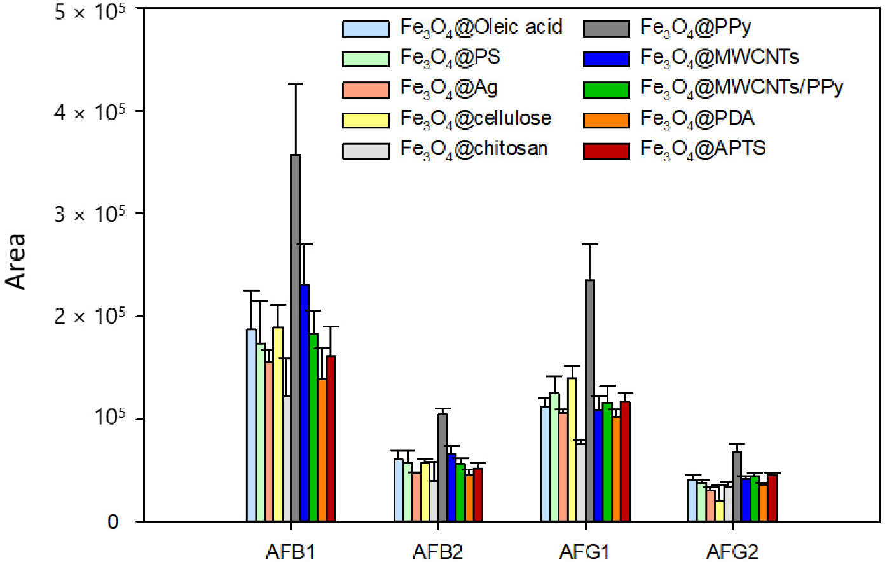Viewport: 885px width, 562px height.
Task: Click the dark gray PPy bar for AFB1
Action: [x=296, y=337]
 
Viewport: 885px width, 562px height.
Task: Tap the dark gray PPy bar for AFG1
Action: [x=590, y=400]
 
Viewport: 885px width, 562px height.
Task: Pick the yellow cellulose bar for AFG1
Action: [x=572, y=449]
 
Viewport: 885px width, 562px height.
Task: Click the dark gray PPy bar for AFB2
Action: [x=442, y=467]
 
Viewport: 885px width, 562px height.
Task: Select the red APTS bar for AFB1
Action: [x=331, y=438]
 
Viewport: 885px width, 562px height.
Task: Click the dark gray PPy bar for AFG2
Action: [x=737, y=486]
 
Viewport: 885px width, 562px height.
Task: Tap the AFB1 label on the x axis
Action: [x=290, y=551]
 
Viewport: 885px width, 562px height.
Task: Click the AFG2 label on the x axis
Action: [x=732, y=551]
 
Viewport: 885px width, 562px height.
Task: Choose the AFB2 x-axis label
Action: [x=437, y=551]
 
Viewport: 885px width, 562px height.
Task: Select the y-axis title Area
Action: [x=16, y=261]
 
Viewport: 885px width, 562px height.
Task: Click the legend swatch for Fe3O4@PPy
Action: [x=606, y=29]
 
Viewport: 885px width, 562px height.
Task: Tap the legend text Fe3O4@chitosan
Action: [x=474, y=149]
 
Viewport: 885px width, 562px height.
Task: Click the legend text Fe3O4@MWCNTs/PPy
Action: [x=741, y=88]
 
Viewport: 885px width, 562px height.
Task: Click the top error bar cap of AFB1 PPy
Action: [x=296, y=84]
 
